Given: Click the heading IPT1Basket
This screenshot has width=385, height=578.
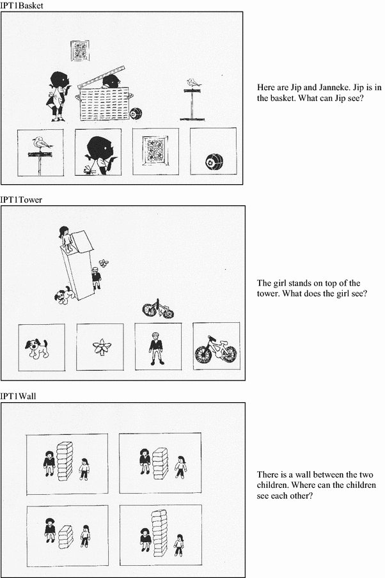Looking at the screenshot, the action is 22,5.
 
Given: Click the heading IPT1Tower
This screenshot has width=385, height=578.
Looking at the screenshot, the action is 21,199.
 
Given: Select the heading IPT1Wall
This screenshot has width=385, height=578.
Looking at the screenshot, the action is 18,396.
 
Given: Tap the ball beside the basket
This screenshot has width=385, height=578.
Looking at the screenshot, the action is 136,114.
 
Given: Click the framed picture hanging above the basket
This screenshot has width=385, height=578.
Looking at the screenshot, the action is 80,51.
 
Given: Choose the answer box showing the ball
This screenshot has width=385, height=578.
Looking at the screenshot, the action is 214,151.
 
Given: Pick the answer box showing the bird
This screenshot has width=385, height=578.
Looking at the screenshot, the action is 40,153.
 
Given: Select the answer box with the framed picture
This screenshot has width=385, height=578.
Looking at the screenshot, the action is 155,152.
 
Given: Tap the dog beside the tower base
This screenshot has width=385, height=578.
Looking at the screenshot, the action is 65,294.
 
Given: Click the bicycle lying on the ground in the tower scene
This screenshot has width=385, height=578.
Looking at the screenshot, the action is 158,309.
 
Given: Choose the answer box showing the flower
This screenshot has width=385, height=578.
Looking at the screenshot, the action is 100,347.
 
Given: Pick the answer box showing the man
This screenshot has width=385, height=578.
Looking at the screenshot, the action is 158,347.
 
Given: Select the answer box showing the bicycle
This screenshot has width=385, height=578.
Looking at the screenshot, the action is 216,346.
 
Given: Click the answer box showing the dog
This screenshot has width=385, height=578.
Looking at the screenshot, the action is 42,348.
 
